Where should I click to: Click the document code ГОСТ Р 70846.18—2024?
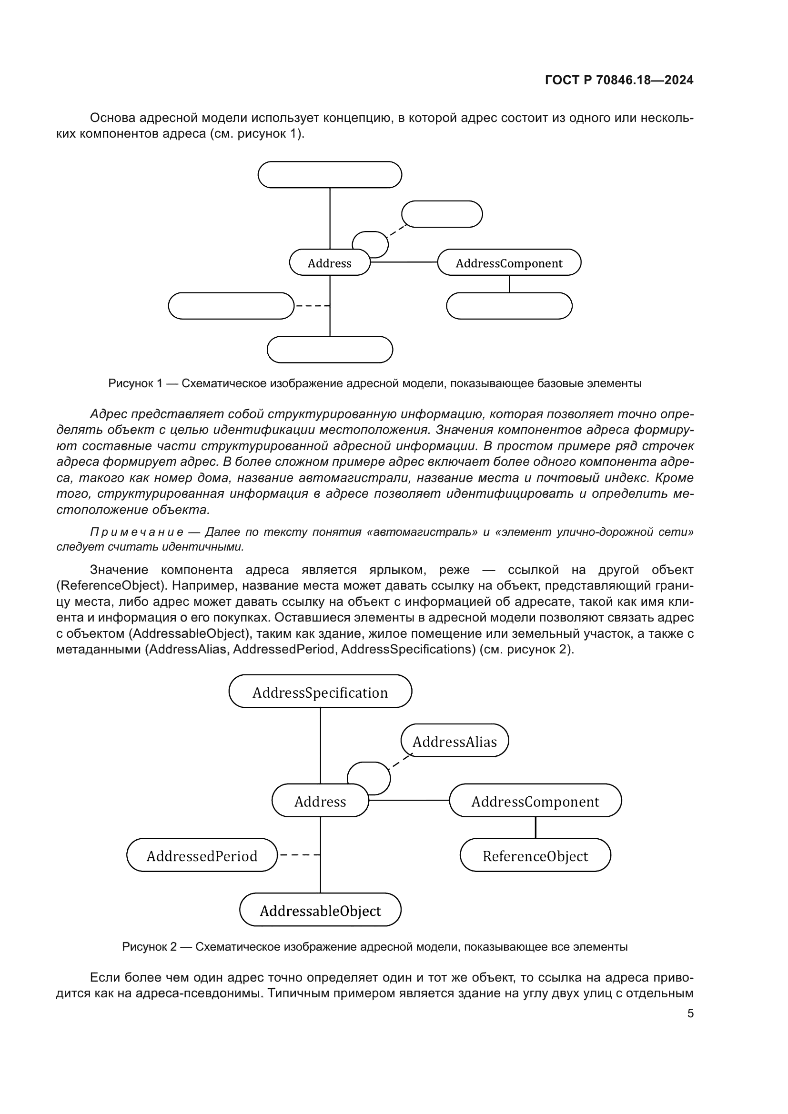click(x=619, y=80)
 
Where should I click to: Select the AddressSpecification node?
click(x=320, y=692)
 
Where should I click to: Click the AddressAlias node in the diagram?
click(x=455, y=742)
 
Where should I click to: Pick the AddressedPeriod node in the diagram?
click(x=202, y=856)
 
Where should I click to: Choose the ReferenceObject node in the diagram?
click(x=535, y=856)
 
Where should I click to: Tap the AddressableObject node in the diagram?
click(x=320, y=911)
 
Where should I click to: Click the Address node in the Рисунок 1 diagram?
click(x=330, y=263)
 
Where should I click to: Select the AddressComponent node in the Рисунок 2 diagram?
click(x=535, y=802)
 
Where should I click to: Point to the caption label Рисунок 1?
click(x=135, y=383)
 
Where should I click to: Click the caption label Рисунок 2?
click(x=149, y=947)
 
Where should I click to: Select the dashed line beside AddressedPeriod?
click(x=299, y=855)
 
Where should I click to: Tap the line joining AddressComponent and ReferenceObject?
click(x=535, y=828)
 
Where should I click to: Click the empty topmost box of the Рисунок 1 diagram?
click(x=330, y=175)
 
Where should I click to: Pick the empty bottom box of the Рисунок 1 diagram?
click(x=330, y=349)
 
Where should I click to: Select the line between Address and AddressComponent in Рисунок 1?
click(x=404, y=262)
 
